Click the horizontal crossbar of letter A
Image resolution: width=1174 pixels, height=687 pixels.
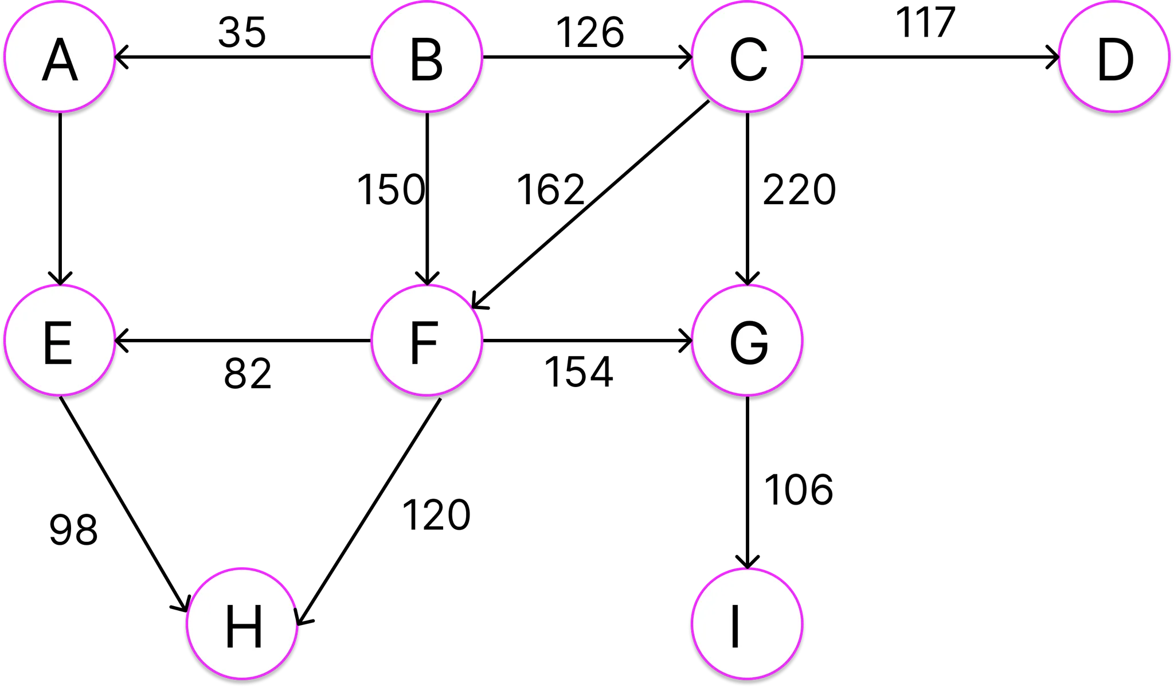[x=60, y=68]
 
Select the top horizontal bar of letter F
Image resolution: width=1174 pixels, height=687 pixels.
[x=425, y=325]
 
